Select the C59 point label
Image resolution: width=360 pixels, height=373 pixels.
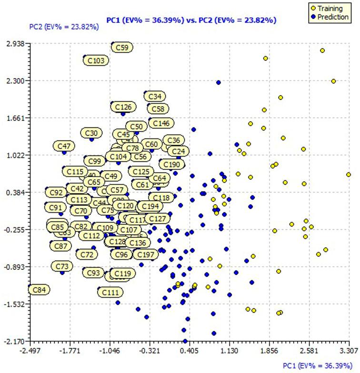(x=122, y=48)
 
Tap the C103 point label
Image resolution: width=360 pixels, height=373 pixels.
(x=96, y=61)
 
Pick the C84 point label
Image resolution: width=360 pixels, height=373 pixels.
(x=40, y=290)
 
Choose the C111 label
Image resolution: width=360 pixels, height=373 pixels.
(x=109, y=292)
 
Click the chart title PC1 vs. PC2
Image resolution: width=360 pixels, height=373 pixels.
(x=190, y=20)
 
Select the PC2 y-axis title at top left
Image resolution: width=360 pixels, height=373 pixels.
(x=64, y=27)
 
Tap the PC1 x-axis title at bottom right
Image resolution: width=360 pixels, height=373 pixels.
(x=317, y=365)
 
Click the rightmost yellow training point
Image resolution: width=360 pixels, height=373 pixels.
(x=349, y=175)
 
